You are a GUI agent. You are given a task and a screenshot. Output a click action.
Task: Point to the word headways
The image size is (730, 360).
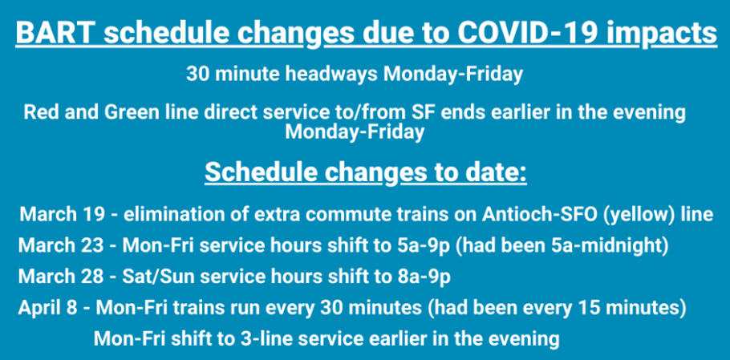coord(331,74)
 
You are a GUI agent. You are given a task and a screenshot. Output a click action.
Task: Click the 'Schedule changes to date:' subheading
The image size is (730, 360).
coord(366,173)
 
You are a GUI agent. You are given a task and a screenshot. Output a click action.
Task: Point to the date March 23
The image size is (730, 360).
coord(60,245)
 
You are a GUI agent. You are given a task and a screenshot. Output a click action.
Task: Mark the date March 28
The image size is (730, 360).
coord(60,277)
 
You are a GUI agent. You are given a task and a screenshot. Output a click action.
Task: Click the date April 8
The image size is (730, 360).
coord(47,308)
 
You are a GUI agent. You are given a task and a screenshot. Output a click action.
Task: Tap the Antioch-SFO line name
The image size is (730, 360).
coord(535,214)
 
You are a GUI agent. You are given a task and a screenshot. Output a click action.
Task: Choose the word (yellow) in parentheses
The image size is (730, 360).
coord(631,216)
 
